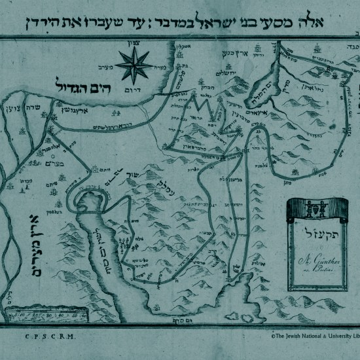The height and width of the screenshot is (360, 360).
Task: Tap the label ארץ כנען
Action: point(227,47)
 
